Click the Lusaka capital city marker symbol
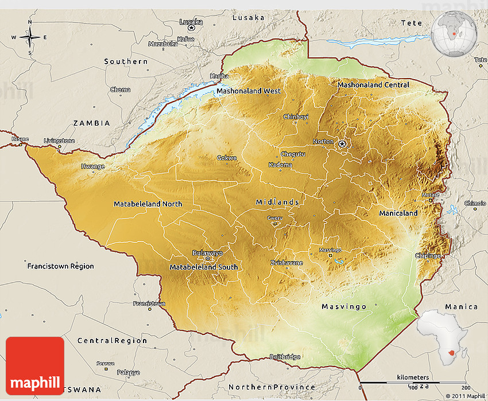pos(192,28)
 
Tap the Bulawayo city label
pos(207,253)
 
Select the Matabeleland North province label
pos(148,204)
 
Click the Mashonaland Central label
pos(373,85)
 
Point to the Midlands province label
pos(277,202)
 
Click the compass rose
pos(30,37)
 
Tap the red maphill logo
pos(35,365)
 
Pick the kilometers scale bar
pos(413,382)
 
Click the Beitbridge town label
pos(285,357)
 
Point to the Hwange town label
pos(93,166)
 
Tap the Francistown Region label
pos(60,266)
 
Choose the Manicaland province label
pos(398,213)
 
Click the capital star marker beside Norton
pos(343,144)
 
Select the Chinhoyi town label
pos(296,116)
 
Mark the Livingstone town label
pos(59,141)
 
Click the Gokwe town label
pos(226,158)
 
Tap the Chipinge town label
pos(428,256)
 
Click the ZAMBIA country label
pos(91,123)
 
